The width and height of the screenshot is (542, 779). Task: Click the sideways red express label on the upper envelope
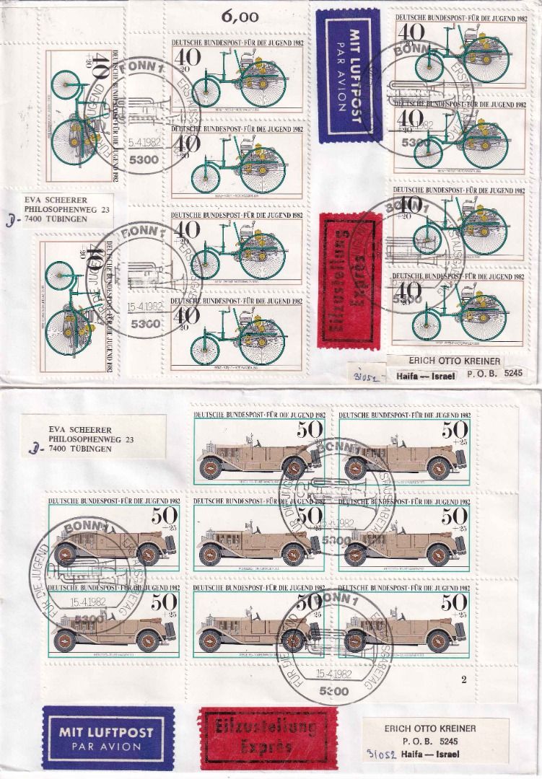pyautogui.click(x=347, y=278)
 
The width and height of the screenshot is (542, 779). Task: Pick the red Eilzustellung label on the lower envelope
pyautogui.click(x=268, y=736)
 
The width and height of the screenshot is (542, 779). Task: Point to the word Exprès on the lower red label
pyautogui.click(x=268, y=747)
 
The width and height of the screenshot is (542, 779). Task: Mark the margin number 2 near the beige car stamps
pyautogui.click(x=464, y=679)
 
